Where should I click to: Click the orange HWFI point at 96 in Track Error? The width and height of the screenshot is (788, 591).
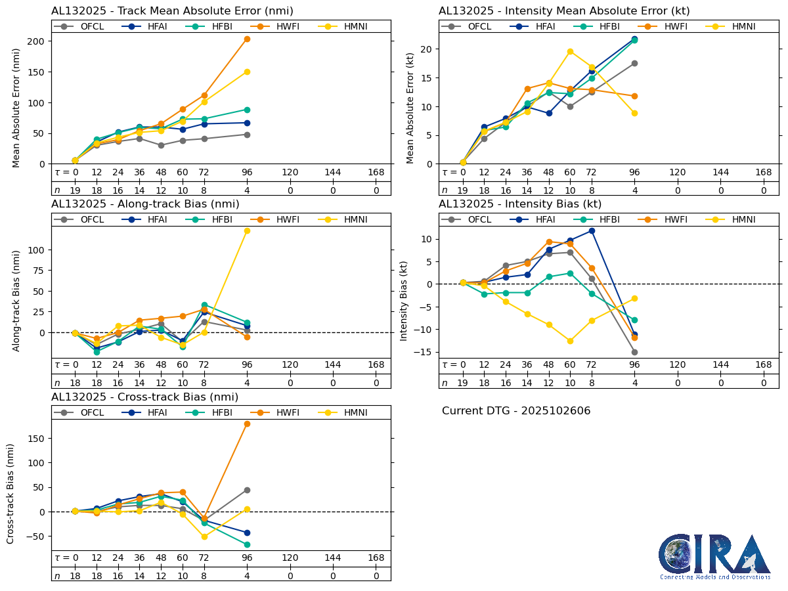[x=247, y=39]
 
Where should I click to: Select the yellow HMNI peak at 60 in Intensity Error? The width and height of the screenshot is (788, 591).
[x=570, y=51]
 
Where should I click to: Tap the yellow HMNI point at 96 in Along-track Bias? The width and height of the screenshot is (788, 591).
[x=247, y=230]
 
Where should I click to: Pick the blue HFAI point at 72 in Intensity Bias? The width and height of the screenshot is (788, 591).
[x=592, y=230]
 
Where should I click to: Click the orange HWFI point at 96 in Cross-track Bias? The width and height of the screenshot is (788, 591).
[x=247, y=424]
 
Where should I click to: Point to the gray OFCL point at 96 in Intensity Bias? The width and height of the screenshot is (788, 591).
[x=634, y=352]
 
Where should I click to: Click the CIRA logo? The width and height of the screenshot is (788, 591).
[x=715, y=556]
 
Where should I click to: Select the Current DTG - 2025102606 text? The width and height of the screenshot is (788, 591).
[x=516, y=411]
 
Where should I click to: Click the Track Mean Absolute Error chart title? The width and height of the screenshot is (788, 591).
[x=172, y=11]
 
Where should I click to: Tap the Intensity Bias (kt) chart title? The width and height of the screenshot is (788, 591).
[x=520, y=204]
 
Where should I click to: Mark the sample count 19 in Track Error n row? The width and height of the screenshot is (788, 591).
[x=75, y=190]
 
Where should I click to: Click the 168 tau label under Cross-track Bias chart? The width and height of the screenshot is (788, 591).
[x=376, y=558]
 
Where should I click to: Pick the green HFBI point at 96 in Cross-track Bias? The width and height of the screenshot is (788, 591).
[x=247, y=544]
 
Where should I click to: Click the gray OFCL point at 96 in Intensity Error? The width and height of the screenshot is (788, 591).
[x=634, y=63]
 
